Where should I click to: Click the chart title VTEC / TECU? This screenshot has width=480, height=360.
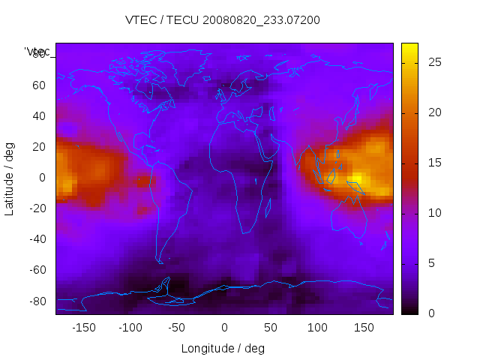click(222, 20)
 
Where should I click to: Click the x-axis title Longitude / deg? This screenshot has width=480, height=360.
click(223, 348)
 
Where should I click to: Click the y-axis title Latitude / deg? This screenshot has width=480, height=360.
click(10, 178)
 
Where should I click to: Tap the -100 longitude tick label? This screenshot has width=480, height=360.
click(130, 327)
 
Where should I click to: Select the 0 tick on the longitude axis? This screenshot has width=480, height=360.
click(224, 327)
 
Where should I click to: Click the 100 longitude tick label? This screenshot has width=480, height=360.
click(318, 327)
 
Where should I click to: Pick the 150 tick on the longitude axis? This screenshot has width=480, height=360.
click(364, 327)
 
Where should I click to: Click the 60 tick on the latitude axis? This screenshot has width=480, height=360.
click(38, 85)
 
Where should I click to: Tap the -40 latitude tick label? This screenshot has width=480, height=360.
click(36, 239)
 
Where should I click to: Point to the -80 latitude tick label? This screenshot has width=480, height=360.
click(36, 301)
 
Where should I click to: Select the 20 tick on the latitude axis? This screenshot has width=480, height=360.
click(38, 146)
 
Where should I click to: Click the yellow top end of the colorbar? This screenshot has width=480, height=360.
click(409, 48)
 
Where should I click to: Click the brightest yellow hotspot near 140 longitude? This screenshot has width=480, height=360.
click(356, 178)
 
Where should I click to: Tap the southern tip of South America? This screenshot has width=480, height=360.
click(160, 262)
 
